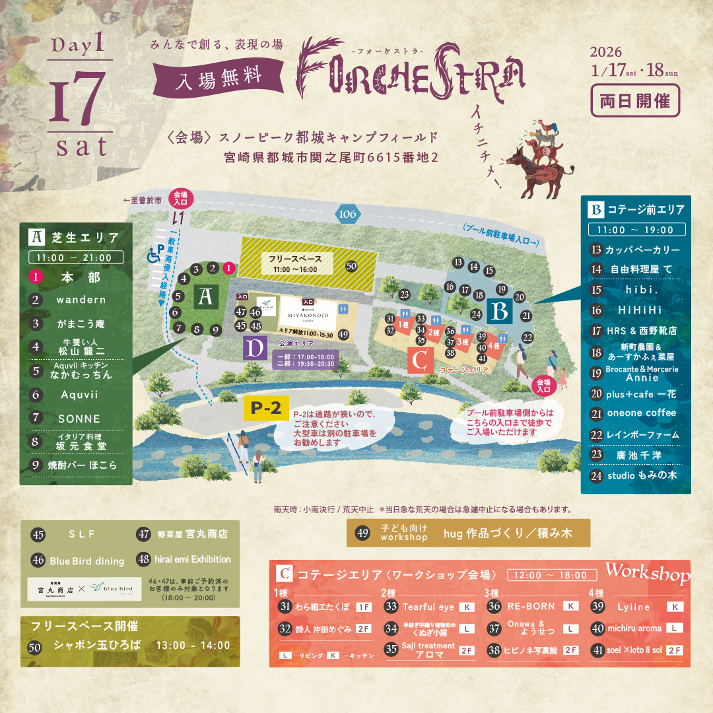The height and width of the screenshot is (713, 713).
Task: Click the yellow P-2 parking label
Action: tap(266, 409)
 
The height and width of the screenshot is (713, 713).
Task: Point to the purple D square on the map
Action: tap(254, 347)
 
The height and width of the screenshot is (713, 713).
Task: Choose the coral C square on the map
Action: tap(421, 361)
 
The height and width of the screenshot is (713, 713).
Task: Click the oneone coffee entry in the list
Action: tap(642, 413)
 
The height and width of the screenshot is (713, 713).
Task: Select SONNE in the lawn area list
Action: tap(79, 419)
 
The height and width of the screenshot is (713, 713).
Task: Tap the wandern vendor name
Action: tap(81, 300)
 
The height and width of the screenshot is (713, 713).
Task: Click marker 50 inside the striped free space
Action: tap(351, 266)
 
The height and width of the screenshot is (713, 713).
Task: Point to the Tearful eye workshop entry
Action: tap(428, 607)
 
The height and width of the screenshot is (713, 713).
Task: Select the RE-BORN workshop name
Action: tap(531, 606)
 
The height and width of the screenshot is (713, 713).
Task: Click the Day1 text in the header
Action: tap(77, 46)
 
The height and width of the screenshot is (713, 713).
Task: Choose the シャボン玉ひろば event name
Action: tap(97, 645)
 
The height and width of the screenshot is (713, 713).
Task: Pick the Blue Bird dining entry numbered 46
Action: tap(86, 561)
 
